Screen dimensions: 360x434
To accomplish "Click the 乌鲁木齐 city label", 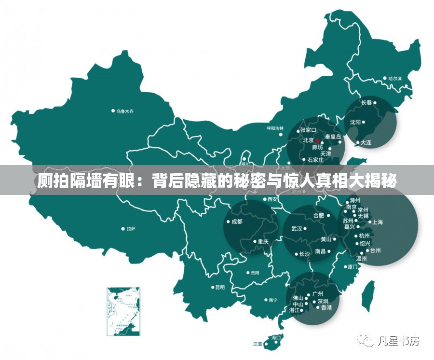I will coord(124,111).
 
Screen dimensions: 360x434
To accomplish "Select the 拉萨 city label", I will coord(131,229).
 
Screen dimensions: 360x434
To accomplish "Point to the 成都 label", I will coord(237,222).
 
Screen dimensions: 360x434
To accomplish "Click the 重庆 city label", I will coord(263,241).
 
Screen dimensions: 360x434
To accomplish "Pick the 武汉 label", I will coord(296,228).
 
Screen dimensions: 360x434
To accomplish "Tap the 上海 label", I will coord(377,222).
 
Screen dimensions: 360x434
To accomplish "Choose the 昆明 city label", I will coord(219,287).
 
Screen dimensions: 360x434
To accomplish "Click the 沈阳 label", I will coord(355,122).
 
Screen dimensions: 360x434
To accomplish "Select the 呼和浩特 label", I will coord(275,128).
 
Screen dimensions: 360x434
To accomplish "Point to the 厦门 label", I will coord(352,266).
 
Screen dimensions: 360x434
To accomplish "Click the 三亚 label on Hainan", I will coord(258,344).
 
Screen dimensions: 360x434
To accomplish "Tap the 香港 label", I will coord(326,307).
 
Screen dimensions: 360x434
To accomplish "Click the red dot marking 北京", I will coord(318,141).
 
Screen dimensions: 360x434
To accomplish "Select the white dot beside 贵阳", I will coord(247,273).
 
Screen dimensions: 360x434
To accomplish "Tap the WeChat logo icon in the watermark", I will coord(367,341).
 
